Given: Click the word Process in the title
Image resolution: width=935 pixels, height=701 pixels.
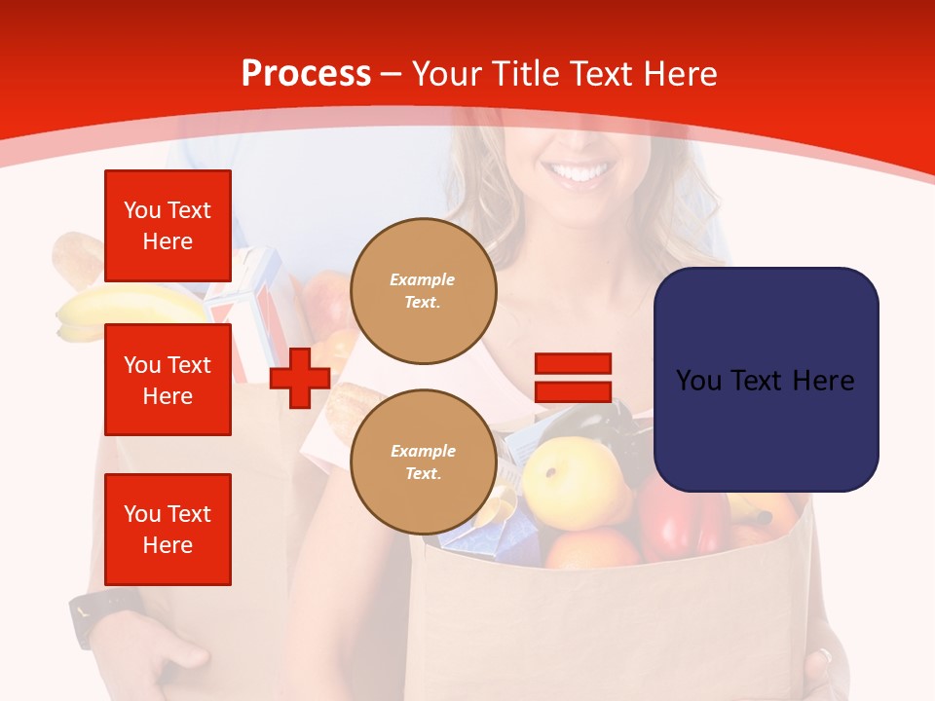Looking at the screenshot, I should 306,74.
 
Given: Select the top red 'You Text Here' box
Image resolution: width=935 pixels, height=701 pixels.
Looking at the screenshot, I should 168,226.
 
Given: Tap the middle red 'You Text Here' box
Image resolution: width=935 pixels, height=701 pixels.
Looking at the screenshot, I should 168,380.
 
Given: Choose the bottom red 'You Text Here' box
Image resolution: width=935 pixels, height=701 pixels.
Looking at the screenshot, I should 168,530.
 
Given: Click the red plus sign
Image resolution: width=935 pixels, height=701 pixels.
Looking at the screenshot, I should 300,378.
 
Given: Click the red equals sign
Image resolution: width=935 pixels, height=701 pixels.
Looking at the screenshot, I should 573,378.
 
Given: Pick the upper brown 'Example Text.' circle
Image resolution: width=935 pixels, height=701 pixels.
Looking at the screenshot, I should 423,291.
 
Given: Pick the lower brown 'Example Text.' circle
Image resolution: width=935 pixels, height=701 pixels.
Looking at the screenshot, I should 423,462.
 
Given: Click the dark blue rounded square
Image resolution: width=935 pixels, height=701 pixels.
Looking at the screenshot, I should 766,380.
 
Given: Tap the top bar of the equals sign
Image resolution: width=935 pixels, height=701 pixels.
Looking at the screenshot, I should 573,364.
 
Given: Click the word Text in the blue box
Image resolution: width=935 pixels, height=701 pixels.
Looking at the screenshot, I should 765,381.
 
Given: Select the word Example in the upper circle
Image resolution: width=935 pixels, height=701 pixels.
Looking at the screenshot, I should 423,279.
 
